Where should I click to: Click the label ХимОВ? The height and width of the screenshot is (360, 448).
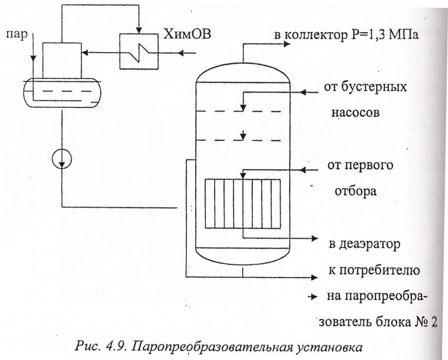pyautogui.click(x=187, y=34)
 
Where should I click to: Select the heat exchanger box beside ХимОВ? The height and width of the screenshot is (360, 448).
pyautogui.click(x=139, y=52)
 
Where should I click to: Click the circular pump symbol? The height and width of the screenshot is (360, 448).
pyautogui.click(x=62, y=159)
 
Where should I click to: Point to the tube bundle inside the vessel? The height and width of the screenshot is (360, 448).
pyautogui.click(x=243, y=203)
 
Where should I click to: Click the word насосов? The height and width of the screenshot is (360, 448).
pyautogui.click(x=355, y=112)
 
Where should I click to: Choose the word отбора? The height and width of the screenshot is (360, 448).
pyautogui.click(x=355, y=191)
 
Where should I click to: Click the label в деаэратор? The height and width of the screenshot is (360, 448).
pyautogui.click(x=364, y=244)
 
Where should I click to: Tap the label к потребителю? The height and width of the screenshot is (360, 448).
pyautogui.click(x=374, y=270)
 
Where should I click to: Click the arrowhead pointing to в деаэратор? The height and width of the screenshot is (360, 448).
pyautogui.click(x=315, y=238)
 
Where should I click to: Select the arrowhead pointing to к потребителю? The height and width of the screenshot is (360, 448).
pyautogui.click(x=315, y=277)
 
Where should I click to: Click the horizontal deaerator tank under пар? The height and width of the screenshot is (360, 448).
pyautogui.click(x=62, y=93)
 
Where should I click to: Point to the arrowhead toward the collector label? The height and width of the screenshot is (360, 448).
pyautogui.click(x=287, y=44)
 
